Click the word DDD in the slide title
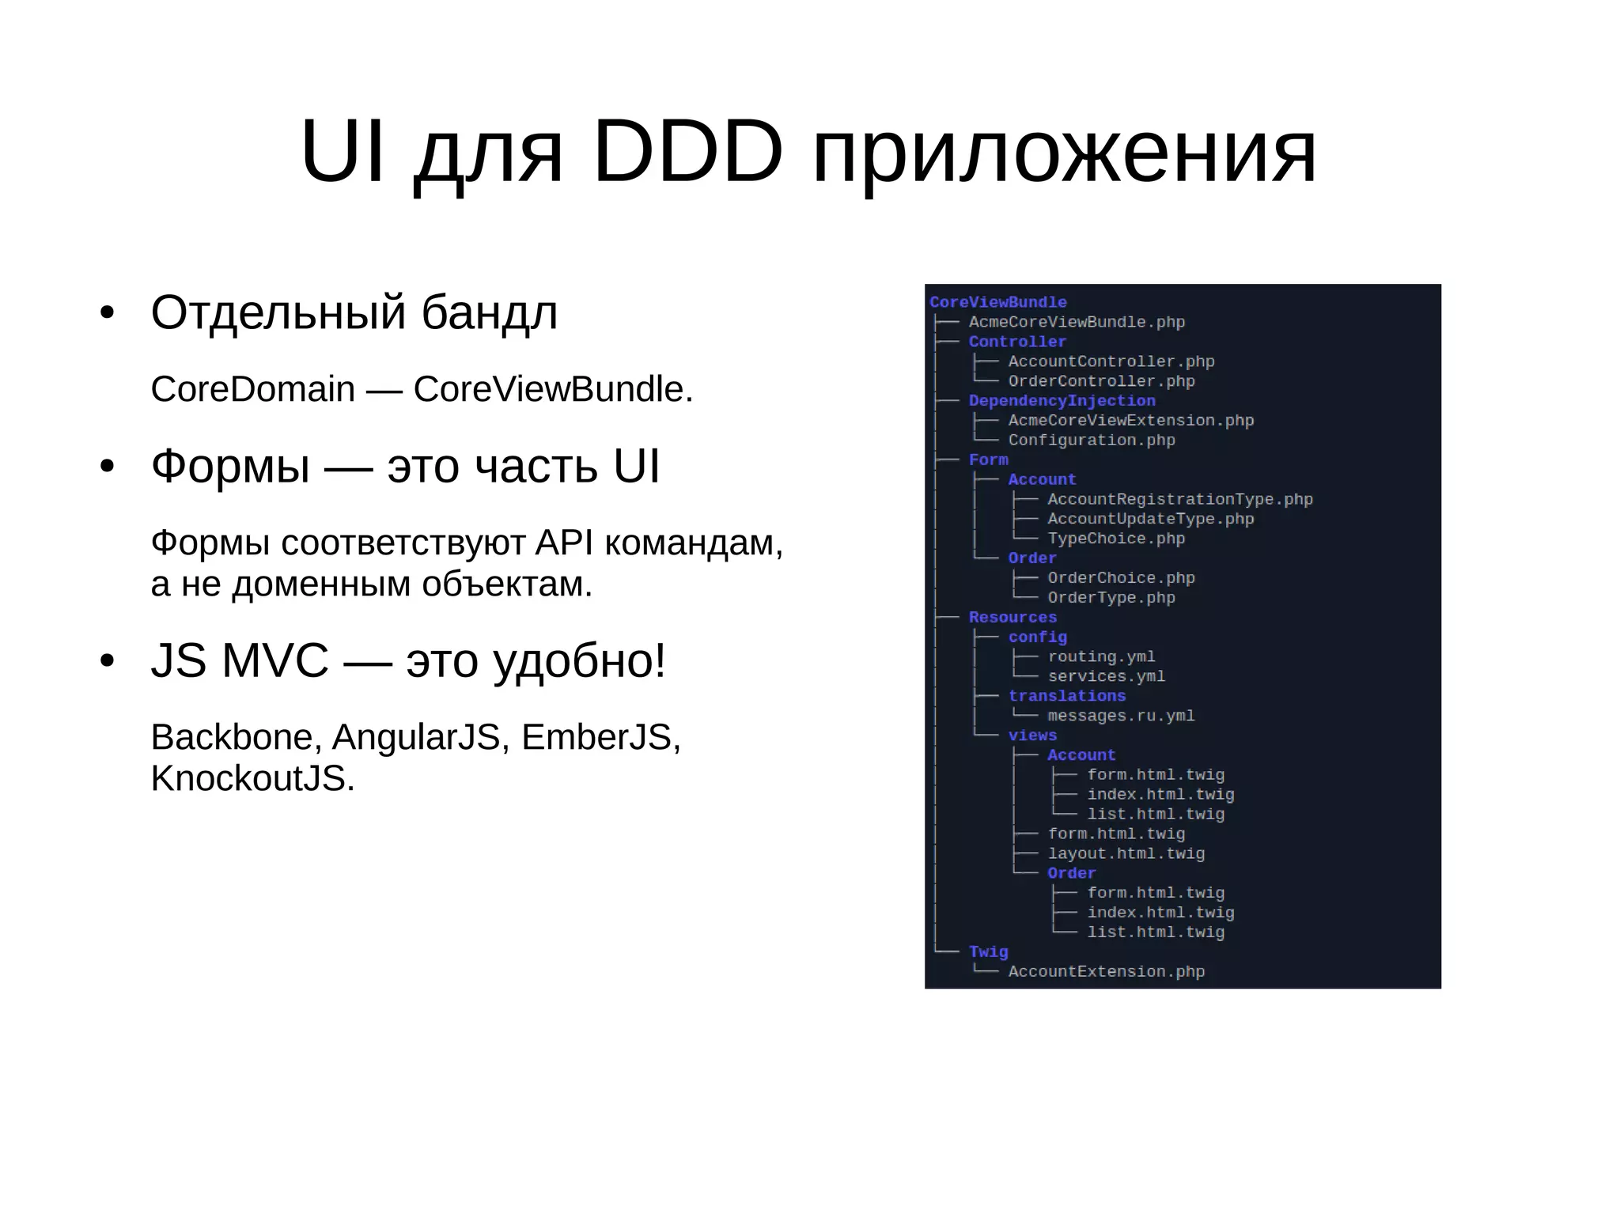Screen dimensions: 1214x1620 [687, 152]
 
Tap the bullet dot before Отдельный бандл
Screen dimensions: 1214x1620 [108, 312]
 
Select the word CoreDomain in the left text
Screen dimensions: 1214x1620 [252, 389]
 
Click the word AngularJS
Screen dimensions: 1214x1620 [415, 737]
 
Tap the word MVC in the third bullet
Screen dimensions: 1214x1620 [274, 660]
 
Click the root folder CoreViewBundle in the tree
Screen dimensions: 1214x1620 [997, 302]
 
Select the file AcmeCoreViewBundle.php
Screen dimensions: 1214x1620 [1077, 322]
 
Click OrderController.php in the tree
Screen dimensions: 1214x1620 [1101, 381]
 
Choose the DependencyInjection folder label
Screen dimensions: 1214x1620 [1062, 401]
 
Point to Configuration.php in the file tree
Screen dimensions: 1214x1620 [1092, 440]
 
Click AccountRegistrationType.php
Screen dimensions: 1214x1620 [1179, 499]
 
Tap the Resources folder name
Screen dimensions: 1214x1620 [1012, 617]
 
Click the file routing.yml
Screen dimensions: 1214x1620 [1101, 656]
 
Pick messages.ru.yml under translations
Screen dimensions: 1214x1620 [1121, 716]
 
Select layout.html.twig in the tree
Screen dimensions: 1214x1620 [1126, 853]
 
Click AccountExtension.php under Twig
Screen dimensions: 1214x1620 [1106, 971]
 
